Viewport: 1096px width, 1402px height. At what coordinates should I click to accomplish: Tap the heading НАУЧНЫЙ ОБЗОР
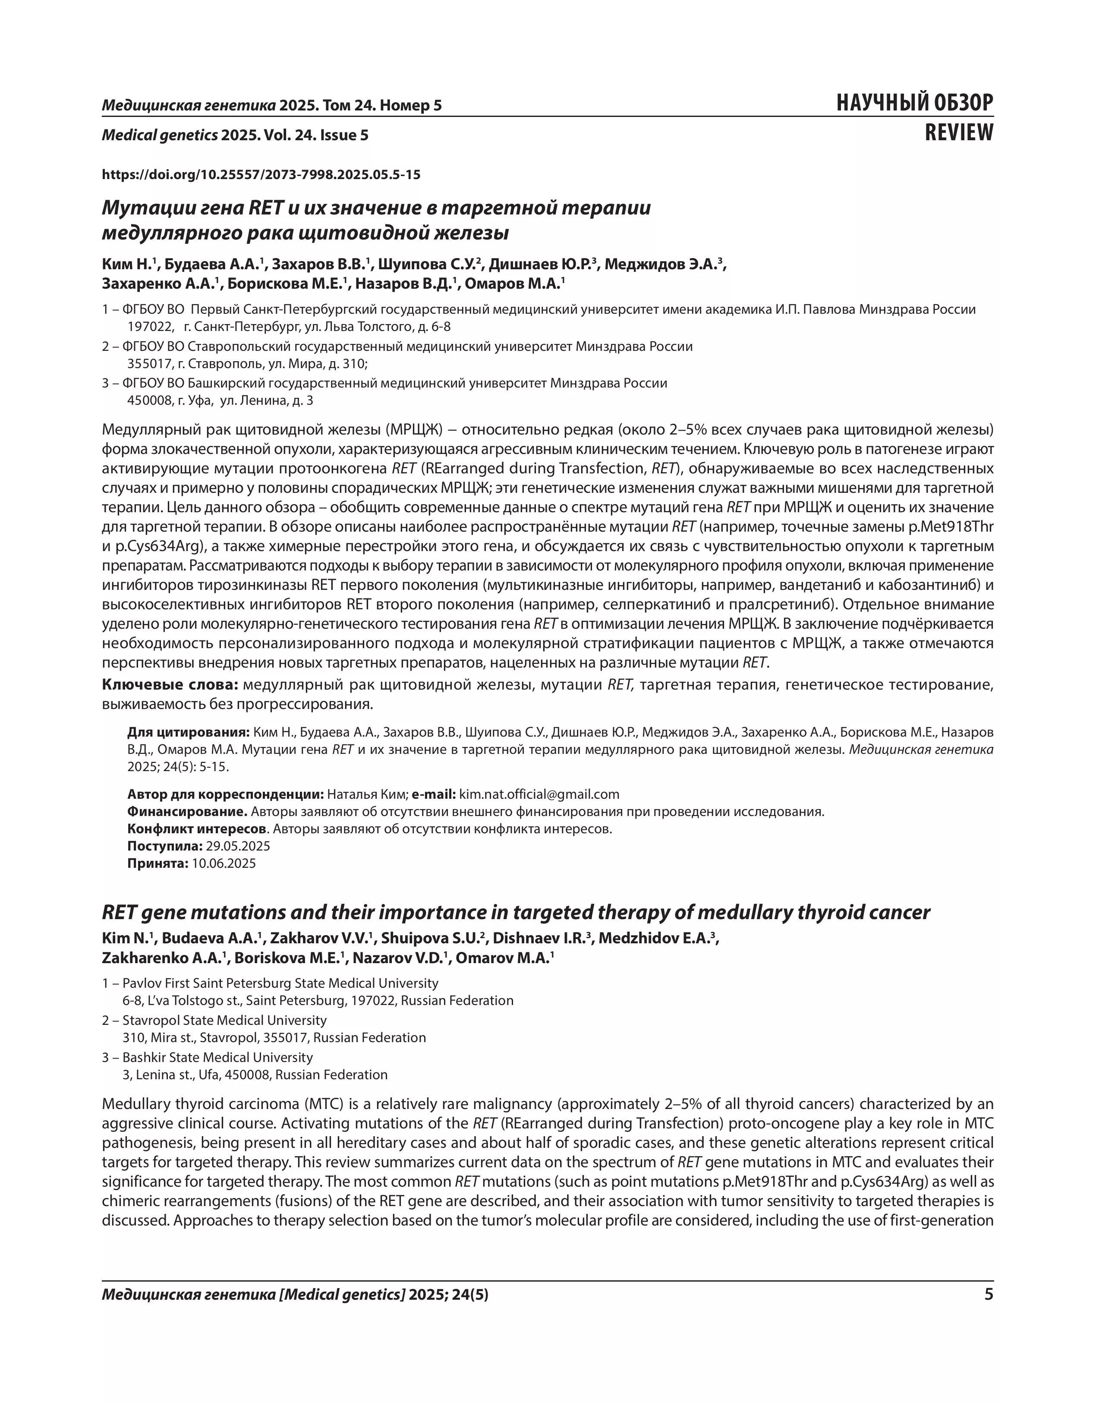coord(914,104)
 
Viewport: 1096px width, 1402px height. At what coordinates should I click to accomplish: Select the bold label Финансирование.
coord(187,811)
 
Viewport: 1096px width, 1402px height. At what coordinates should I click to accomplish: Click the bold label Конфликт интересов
coord(196,829)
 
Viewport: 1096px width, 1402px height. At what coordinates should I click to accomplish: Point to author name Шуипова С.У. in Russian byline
coord(428,265)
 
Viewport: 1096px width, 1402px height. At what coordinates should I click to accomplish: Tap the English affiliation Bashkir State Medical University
coord(217,1057)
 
